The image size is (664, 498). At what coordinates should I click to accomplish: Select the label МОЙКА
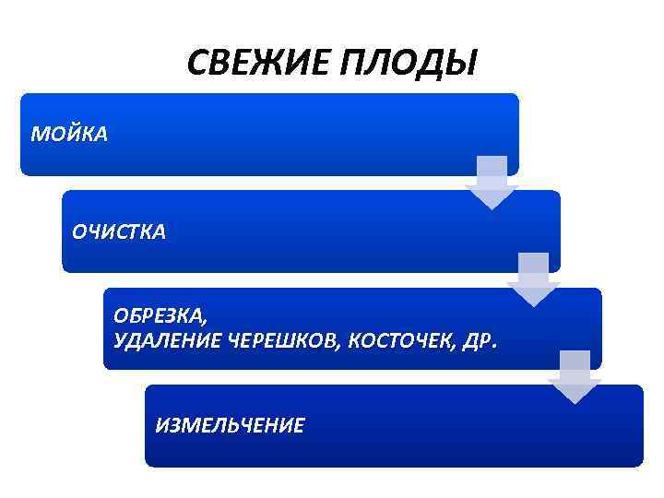tap(69, 136)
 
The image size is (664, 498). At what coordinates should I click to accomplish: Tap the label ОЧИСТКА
tap(120, 232)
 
